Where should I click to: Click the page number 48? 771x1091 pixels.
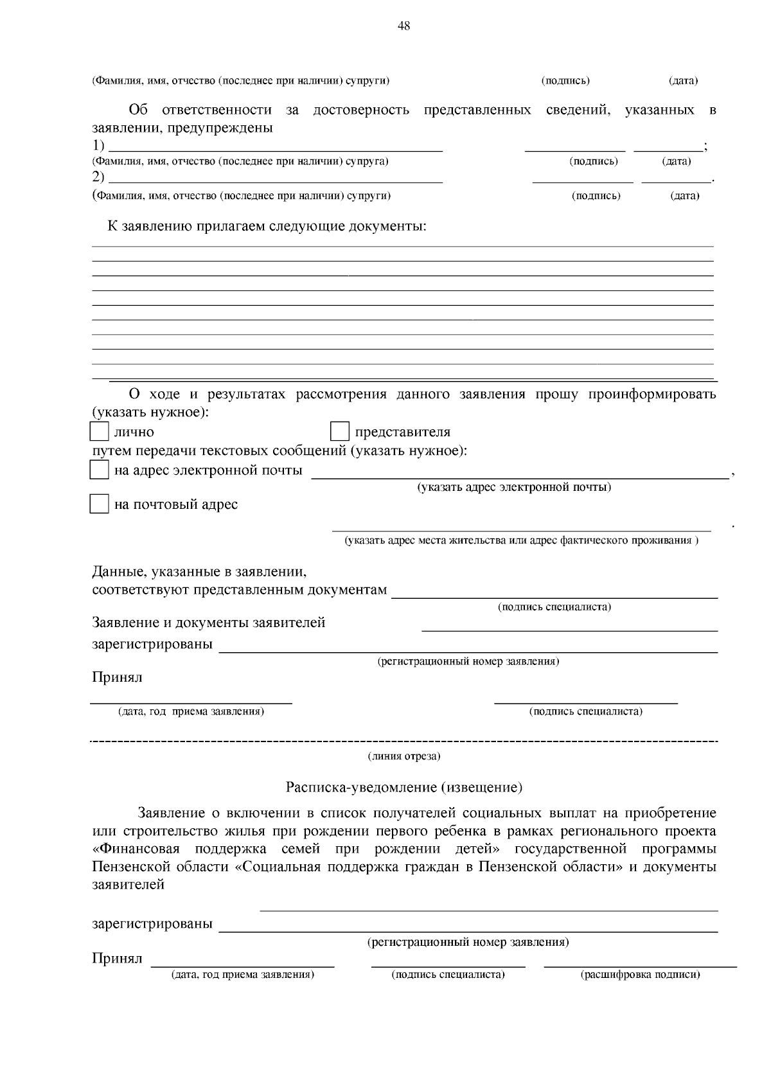pos(403,26)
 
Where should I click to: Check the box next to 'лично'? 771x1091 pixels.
pos(99,431)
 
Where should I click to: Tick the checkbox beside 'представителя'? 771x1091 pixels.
pos(339,431)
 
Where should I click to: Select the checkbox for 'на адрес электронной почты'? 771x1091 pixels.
pos(99,470)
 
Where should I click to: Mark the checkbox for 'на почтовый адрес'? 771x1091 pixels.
pos(99,504)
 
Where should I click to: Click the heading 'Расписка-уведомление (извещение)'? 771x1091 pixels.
pos(403,786)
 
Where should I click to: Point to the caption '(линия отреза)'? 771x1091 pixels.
pos(403,756)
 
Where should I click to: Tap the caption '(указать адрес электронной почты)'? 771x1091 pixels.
pos(514,487)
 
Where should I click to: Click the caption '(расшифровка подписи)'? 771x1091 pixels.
pos(640,975)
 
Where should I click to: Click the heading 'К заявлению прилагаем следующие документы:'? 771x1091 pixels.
pos(267,226)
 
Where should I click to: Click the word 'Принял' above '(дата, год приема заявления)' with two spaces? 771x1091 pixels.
pos(117,677)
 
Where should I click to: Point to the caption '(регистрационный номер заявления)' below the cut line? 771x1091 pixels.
pos(468,943)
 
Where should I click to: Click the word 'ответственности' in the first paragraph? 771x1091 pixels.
pos(217,110)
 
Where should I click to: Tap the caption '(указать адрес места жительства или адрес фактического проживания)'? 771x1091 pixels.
pos(521,540)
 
